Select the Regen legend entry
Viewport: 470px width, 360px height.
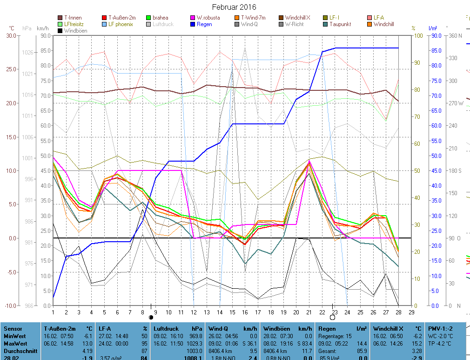(204, 24)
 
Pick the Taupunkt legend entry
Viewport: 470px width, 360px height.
(340, 24)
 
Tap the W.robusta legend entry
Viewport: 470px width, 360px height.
(208, 18)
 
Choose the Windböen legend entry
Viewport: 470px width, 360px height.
(75, 31)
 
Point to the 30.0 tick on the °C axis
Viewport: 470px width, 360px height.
(10, 36)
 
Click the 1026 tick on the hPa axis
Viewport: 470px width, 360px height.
(27, 53)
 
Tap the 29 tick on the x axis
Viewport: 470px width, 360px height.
(411, 312)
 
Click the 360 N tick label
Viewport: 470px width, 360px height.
(454, 36)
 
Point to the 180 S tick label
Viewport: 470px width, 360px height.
(454, 171)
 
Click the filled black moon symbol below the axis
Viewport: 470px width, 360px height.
(151, 317)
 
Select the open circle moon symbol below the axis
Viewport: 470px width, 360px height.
(332, 317)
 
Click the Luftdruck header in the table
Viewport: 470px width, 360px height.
(164, 328)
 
